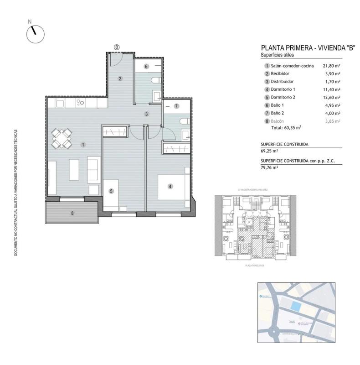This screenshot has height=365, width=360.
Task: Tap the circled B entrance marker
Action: [x=117, y=47]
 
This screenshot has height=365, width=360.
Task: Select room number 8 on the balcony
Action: [x=72, y=213]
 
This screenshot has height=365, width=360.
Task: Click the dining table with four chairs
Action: [x=61, y=138]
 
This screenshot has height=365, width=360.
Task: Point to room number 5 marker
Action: [x=111, y=191]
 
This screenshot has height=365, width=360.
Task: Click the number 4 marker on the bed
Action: [x=170, y=186]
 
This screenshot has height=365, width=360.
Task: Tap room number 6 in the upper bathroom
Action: [x=146, y=67]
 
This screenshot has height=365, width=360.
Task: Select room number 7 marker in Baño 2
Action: [x=176, y=106]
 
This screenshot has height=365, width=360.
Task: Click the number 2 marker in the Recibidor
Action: [x=120, y=78]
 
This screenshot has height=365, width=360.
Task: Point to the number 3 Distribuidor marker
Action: [x=147, y=114]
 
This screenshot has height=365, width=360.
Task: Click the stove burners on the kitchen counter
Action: [x=81, y=103]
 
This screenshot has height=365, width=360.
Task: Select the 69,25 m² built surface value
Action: [x=269, y=151]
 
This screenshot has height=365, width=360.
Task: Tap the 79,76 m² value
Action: [x=269, y=167]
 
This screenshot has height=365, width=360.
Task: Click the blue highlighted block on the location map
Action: [x=296, y=306]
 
